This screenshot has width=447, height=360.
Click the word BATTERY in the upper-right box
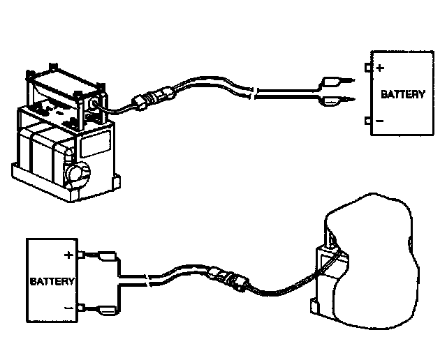point(402,94)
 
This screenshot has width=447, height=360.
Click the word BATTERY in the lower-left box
point(52,282)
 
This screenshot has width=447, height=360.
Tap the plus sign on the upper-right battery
point(380,68)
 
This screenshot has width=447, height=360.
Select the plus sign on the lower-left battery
point(68,255)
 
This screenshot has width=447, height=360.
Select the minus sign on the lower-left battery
point(68,308)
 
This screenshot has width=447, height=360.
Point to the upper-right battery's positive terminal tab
point(368,68)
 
